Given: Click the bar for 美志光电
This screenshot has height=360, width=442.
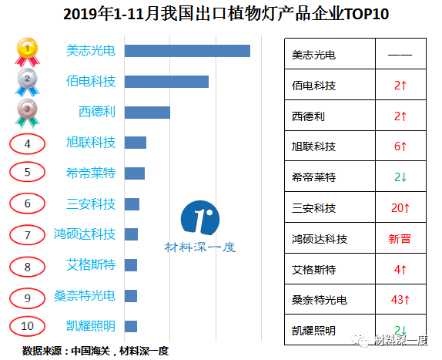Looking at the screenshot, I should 187,51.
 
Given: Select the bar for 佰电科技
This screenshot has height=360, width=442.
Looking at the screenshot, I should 166,82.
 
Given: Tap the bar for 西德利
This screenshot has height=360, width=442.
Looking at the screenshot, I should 147,113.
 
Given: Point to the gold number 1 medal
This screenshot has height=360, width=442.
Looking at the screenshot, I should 27,51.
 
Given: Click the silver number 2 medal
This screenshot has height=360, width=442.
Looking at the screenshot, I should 27,80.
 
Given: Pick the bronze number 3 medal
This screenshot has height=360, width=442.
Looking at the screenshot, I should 27,111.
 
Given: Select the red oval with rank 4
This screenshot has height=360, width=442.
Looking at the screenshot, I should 28,143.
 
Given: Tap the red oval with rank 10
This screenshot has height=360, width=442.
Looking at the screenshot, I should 28,325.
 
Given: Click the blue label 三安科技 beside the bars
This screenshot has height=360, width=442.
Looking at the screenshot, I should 91,204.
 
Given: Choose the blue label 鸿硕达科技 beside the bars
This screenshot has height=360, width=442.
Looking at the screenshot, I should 85,234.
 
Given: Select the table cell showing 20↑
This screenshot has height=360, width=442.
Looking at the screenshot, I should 400,208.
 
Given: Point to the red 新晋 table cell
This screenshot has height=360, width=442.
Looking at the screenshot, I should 400,239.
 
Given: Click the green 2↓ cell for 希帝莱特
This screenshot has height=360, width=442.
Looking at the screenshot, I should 400,177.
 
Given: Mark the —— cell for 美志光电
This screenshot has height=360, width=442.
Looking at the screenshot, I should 400,56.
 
